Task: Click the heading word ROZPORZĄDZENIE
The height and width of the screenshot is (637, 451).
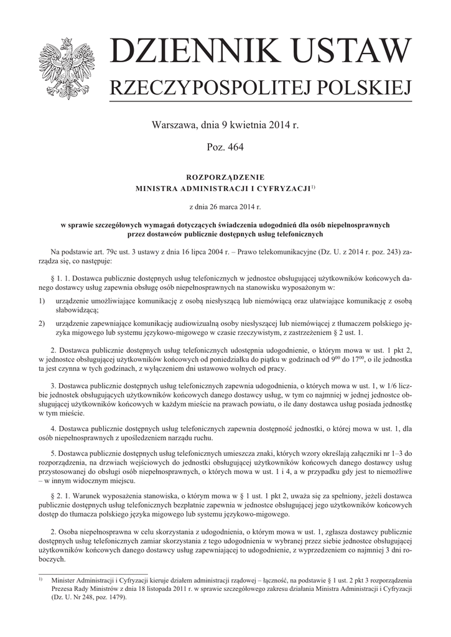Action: tap(225, 177)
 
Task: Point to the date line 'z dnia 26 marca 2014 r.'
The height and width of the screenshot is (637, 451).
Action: tap(225, 205)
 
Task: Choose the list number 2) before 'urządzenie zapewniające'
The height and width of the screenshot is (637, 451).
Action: tap(41, 324)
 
